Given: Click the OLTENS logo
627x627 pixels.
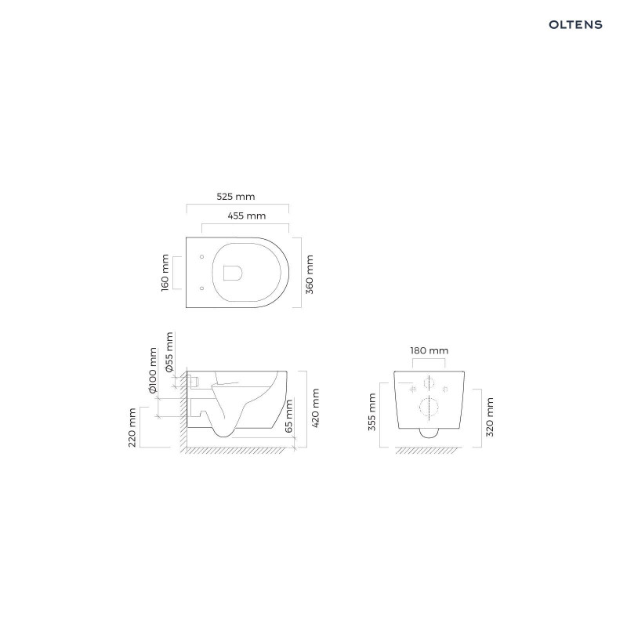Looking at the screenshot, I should click(575, 24).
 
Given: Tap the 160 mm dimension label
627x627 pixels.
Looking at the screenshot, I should click(165, 272).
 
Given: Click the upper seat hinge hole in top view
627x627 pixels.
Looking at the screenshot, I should click(202, 256).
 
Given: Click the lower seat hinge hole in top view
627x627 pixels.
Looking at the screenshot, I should click(202, 288).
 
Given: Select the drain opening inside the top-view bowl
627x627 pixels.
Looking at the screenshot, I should click(233, 272).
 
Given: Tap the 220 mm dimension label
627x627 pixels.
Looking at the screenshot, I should click(132, 427).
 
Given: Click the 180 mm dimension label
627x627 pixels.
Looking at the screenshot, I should click(429, 350).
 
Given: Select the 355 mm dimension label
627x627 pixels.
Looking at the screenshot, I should click(372, 411).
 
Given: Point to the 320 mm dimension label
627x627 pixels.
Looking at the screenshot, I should click(490, 416).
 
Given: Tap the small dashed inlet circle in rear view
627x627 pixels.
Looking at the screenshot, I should click(429, 383).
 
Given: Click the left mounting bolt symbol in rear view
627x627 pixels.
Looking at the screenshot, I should click(411, 386).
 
